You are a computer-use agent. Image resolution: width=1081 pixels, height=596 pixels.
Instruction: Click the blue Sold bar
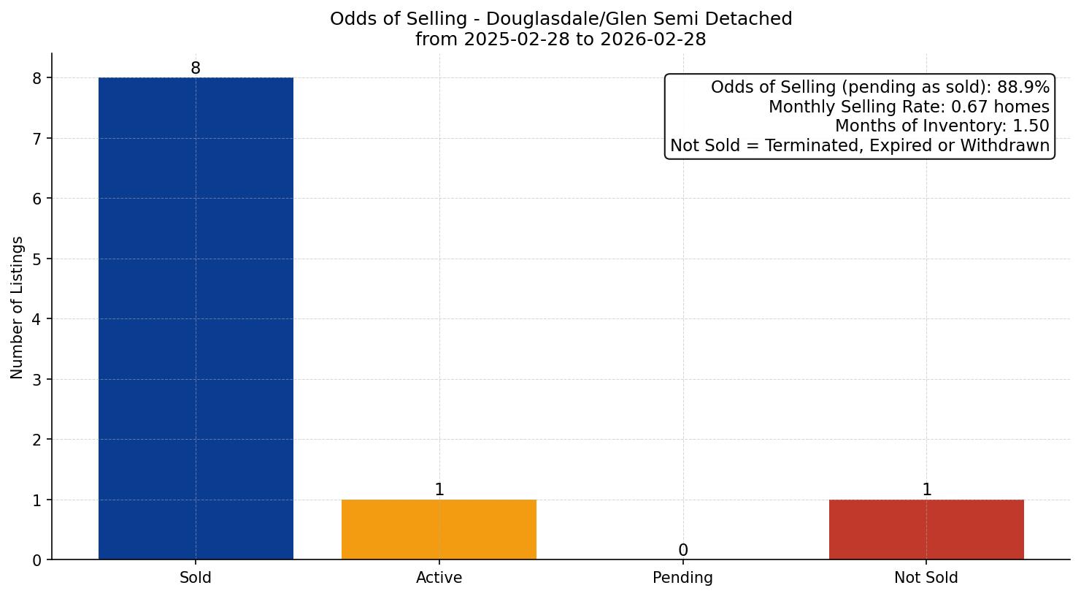[196, 318]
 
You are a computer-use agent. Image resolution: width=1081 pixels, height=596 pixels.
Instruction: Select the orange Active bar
[439, 530]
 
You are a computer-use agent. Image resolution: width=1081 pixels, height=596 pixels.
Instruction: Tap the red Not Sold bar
[926, 530]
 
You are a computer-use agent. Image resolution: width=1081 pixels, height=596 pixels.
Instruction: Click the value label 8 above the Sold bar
[196, 69]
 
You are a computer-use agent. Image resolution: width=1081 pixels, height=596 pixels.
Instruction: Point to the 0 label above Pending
[682, 551]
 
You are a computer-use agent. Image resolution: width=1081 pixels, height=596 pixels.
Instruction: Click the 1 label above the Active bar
[439, 490]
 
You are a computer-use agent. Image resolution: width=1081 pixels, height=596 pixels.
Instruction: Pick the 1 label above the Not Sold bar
[926, 490]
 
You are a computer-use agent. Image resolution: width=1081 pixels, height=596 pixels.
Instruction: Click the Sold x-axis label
[196, 578]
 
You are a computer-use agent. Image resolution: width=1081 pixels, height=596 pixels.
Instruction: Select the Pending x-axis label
[682, 578]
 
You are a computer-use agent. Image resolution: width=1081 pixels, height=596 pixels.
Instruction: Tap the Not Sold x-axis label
[926, 578]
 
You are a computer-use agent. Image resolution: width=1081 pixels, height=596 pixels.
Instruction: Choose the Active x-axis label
[439, 578]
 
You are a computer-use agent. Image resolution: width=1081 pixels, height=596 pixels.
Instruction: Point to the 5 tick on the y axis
[37, 259]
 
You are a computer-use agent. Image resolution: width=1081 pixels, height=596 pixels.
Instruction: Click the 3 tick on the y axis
[37, 379]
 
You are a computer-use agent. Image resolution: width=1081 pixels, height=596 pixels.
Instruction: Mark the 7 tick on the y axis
[37, 138]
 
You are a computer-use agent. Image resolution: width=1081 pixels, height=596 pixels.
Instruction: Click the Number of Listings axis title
[18, 307]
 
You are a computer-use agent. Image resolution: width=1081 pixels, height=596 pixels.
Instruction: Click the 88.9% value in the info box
[1023, 88]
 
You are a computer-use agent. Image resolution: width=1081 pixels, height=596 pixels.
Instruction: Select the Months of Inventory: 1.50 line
[942, 126]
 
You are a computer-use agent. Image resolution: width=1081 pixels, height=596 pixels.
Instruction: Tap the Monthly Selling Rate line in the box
[909, 107]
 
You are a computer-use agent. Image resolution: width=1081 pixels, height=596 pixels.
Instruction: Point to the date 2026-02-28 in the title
[653, 39]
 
